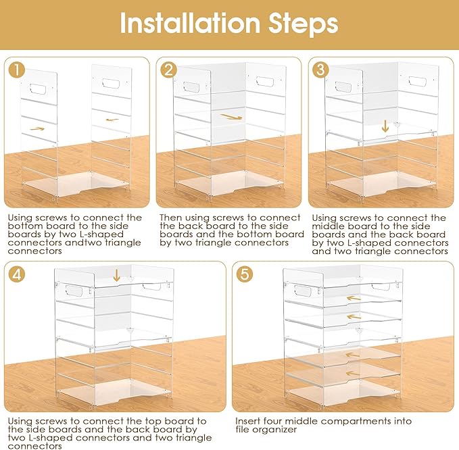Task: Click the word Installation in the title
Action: click(x=190, y=23)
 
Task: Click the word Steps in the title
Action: click(x=304, y=25)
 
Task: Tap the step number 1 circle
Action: click(x=17, y=70)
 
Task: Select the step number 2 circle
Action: click(x=169, y=70)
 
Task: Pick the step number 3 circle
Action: click(x=321, y=70)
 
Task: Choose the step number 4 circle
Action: click(x=17, y=274)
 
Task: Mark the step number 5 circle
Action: click(x=245, y=274)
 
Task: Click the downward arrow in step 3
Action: click(x=385, y=126)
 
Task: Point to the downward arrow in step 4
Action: click(x=116, y=275)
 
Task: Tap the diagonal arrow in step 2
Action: click(x=232, y=117)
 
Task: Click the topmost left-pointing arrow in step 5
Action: click(x=354, y=299)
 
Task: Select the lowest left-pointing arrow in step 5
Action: click(x=353, y=373)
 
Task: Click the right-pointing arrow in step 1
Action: click(x=37, y=128)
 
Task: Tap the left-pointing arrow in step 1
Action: click(x=112, y=120)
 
